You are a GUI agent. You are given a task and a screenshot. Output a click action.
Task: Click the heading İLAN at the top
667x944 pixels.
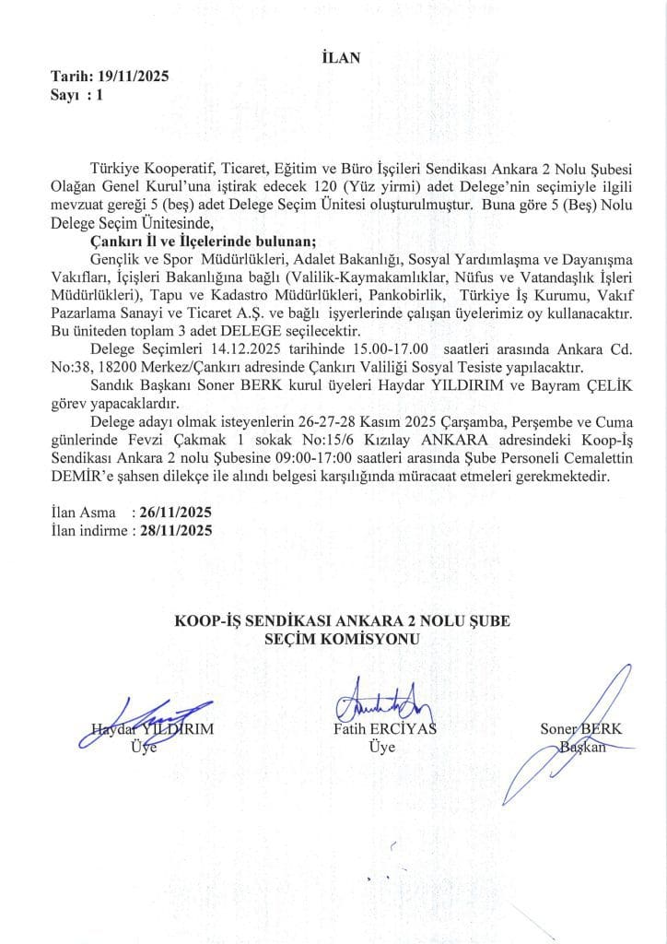click(x=333, y=58)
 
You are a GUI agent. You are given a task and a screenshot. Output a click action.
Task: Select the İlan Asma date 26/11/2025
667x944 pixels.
click(x=173, y=512)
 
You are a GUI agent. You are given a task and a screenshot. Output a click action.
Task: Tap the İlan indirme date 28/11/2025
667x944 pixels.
click(x=173, y=529)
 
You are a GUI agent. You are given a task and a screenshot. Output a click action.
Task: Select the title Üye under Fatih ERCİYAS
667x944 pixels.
click(x=381, y=748)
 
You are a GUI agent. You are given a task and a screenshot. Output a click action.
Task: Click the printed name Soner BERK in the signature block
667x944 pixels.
click(x=580, y=729)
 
